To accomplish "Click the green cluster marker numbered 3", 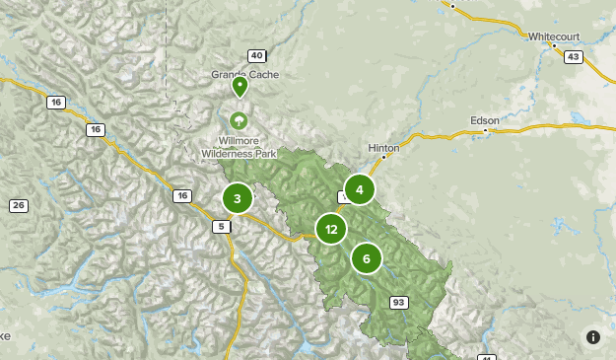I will click(x=238, y=198).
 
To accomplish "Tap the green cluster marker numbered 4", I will click(x=360, y=189).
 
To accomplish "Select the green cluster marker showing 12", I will click(x=331, y=229).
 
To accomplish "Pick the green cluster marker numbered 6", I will click(x=367, y=258).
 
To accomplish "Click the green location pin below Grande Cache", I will click(x=240, y=87).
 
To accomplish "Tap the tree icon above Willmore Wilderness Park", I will click(x=238, y=120).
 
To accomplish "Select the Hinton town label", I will click(x=383, y=147).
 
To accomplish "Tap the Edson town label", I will click(x=484, y=120).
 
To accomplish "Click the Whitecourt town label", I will click(x=554, y=36).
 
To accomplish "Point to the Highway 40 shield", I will click(x=257, y=55).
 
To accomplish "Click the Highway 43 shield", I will click(x=573, y=57).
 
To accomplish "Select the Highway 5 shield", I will click(x=223, y=227).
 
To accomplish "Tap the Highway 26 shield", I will click(x=18, y=205).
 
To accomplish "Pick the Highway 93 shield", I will click(x=399, y=302).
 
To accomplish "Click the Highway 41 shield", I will click(x=485, y=357).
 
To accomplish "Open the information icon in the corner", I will click(x=593, y=337).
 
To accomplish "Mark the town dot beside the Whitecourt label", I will click(x=555, y=45).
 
